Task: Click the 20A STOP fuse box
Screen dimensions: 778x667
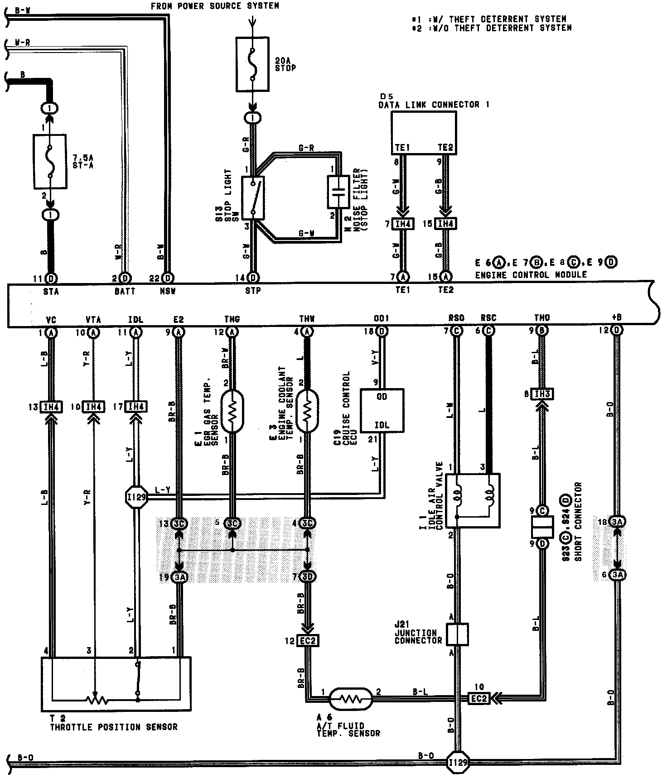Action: coord(252,63)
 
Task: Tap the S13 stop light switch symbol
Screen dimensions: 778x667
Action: coord(253,198)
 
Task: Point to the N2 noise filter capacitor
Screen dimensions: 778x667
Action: coord(336,192)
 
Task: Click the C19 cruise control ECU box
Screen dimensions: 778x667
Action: coord(382,410)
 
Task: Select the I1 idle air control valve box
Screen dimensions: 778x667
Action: coord(473,500)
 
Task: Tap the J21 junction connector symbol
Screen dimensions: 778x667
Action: coord(457,634)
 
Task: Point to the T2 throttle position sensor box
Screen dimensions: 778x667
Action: coord(116,683)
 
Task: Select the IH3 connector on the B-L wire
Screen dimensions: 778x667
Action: coord(542,394)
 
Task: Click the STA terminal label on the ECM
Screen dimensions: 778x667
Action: coord(51,292)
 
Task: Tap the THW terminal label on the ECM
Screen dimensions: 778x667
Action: coord(307,320)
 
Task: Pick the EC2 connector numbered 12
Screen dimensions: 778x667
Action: coord(308,641)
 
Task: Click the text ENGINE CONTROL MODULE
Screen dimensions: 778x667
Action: coord(531,275)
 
